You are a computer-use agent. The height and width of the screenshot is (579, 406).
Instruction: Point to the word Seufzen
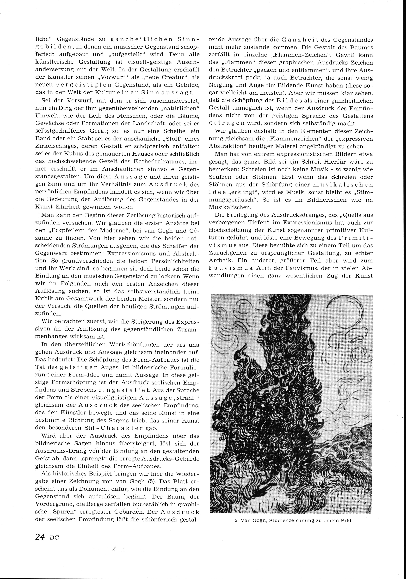(220, 177)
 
